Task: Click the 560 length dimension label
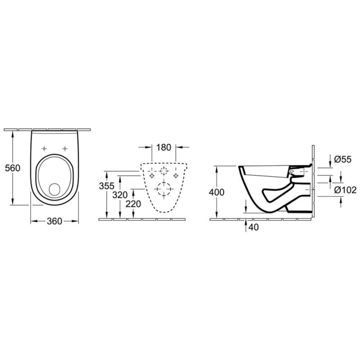click(x=11, y=168)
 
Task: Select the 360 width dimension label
click(x=55, y=221)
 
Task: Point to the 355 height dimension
click(x=106, y=186)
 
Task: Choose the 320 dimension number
click(x=120, y=195)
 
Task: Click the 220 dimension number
click(x=133, y=204)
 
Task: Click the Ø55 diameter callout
click(x=342, y=160)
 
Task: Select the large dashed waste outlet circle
click(x=165, y=190)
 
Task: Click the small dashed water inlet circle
click(x=165, y=171)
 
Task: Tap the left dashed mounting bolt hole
click(x=152, y=175)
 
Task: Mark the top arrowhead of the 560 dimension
click(x=11, y=131)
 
